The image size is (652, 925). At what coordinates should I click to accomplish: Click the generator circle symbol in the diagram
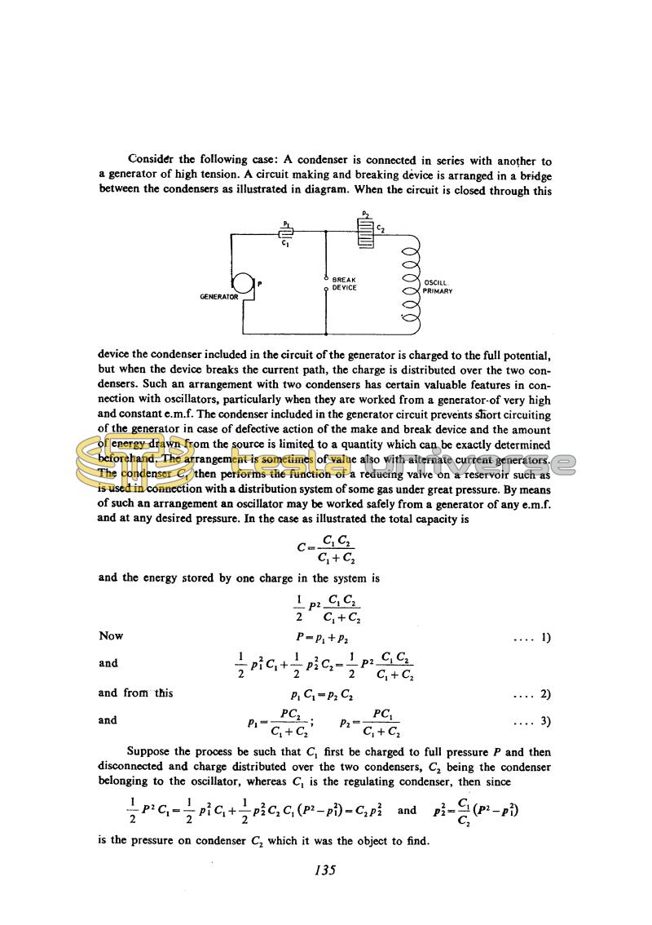(x=243, y=286)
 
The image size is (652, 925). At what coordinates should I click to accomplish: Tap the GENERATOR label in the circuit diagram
(x=219, y=298)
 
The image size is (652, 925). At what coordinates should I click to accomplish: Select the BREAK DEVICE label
(x=345, y=284)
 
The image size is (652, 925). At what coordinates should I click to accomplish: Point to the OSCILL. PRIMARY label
(x=438, y=287)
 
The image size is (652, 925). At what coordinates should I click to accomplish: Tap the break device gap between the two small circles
(x=326, y=284)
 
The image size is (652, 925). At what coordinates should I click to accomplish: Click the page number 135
(x=325, y=870)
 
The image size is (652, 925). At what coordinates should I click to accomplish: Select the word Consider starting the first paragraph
(x=152, y=160)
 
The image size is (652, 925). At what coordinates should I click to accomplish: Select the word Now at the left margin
(x=111, y=636)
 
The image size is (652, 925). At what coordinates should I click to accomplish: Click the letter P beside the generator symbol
(x=259, y=284)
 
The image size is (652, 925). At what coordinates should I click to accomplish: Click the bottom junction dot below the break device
(x=326, y=334)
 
